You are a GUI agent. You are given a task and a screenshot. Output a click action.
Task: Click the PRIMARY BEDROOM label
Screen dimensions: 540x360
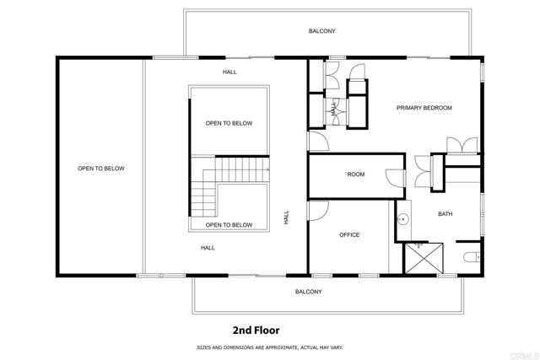click(424, 108)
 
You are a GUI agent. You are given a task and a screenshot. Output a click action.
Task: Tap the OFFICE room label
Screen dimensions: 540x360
click(349, 234)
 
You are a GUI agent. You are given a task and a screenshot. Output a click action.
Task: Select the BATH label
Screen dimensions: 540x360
click(445, 214)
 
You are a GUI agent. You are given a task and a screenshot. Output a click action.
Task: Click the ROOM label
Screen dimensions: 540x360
click(356, 175)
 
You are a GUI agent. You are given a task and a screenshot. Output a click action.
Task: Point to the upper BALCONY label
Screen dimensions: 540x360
click(321, 31)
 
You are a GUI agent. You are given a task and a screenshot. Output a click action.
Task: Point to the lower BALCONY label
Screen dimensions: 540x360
click(308, 292)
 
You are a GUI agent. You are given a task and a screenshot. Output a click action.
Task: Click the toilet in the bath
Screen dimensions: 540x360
click(472, 257)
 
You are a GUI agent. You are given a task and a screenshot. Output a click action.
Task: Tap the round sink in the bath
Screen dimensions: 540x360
click(403, 218)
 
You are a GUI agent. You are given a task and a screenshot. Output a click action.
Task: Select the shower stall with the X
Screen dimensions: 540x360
click(424, 258)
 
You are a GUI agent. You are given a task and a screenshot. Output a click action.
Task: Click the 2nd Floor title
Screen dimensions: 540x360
click(256, 330)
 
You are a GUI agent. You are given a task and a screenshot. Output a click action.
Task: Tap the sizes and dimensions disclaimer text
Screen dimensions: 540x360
click(270, 347)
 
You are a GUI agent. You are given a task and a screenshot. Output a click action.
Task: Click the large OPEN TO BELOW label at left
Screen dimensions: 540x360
click(101, 169)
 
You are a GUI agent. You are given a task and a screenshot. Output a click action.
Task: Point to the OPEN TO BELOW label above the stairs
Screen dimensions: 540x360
click(229, 123)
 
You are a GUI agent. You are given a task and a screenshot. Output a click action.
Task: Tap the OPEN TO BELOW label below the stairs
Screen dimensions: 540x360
click(229, 225)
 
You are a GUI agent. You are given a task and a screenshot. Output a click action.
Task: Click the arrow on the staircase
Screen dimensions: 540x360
click(267, 169)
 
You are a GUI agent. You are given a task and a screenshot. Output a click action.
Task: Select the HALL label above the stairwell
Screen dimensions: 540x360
click(229, 72)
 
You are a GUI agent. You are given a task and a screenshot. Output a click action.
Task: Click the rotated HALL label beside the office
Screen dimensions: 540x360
click(286, 218)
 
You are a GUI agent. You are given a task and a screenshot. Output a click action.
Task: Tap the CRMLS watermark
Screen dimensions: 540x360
click(525, 356)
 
